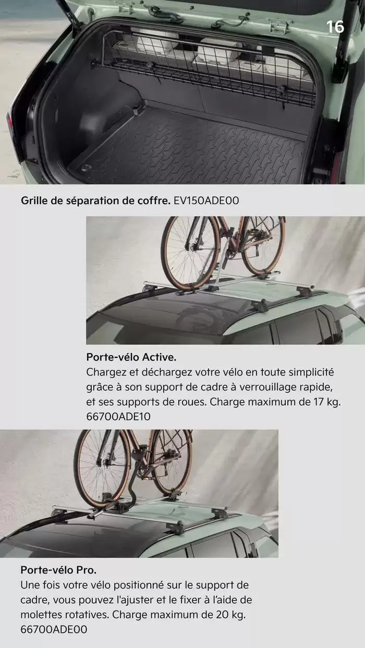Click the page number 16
coord(335,27)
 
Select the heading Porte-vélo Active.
coord(131,358)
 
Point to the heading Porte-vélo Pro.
coord(58,570)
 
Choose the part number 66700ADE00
coord(54,629)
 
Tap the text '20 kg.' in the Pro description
coord(229,615)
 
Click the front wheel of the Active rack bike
coord(190,253)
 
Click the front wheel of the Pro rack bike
coord(102,466)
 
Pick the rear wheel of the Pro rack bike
coord(172,461)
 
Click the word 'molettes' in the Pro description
coord(42,615)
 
